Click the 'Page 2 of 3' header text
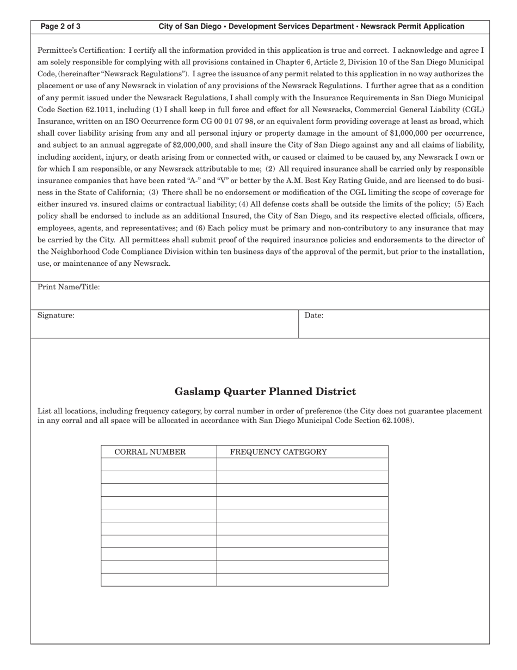click(x=60, y=26)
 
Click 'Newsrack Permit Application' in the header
click(x=412, y=26)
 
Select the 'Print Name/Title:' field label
click(x=69, y=287)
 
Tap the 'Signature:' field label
click(x=56, y=315)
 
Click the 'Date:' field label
click(x=314, y=315)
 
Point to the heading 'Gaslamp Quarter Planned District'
click(x=265, y=392)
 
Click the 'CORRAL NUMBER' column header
click(x=150, y=452)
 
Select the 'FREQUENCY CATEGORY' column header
click(x=278, y=452)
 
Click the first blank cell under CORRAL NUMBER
click(x=158, y=465)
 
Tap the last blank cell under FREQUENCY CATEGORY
click(x=302, y=580)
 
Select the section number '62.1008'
click(x=393, y=421)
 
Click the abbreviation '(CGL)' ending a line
click(x=473, y=109)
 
